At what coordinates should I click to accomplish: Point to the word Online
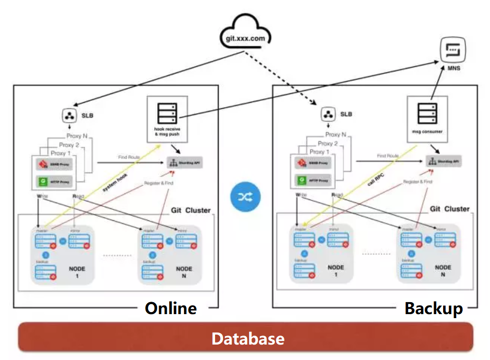click(171, 308)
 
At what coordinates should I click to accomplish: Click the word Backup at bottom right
click(433, 308)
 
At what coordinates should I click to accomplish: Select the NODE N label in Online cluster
click(184, 272)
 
